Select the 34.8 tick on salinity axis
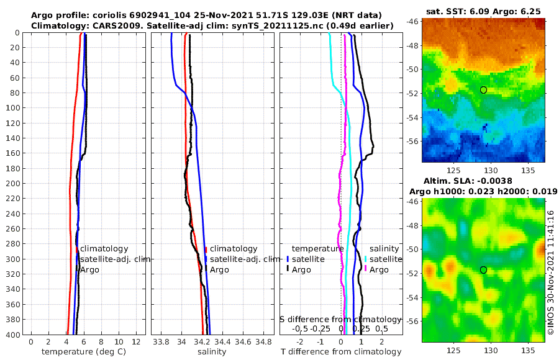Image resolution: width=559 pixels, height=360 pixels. [x=265, y=342]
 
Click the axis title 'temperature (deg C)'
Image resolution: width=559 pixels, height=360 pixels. [x=84, y=352]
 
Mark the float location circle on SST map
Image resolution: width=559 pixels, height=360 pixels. [x=484, y=90]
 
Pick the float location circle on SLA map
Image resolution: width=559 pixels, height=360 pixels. [x=484, y=270]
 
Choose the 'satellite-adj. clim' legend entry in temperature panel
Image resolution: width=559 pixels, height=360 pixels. [x=115, y=259]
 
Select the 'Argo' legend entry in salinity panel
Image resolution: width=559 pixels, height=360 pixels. [x=219, y=269]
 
